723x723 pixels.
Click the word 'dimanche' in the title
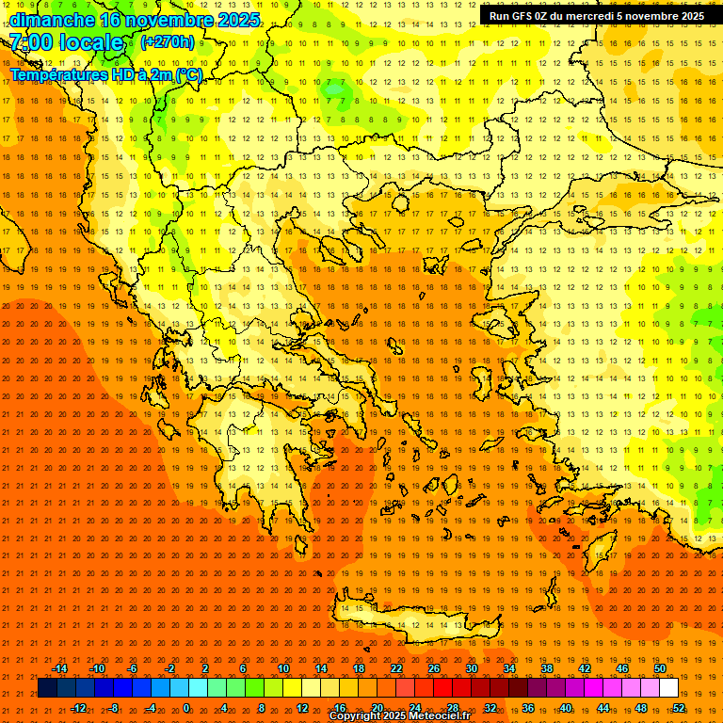coord(52,20)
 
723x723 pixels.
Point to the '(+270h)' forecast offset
coord(168,42)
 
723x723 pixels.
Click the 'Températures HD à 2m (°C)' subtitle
coord(106,74)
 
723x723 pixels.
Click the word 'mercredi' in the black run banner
coord(580,16)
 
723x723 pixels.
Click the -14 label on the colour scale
coord(58,668)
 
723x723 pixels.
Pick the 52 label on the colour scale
coord(679,708)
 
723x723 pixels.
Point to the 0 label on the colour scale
coord(186,708)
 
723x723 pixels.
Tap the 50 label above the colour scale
coord(660,668)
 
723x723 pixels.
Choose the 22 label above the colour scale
coord(396,668)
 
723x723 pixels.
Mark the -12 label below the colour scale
coord(78,708)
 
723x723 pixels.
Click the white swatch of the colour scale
coord(668,688)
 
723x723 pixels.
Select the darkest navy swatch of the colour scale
coord(47,688)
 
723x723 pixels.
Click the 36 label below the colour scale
coord(528,708)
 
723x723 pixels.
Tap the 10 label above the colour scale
coord(283,668)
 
